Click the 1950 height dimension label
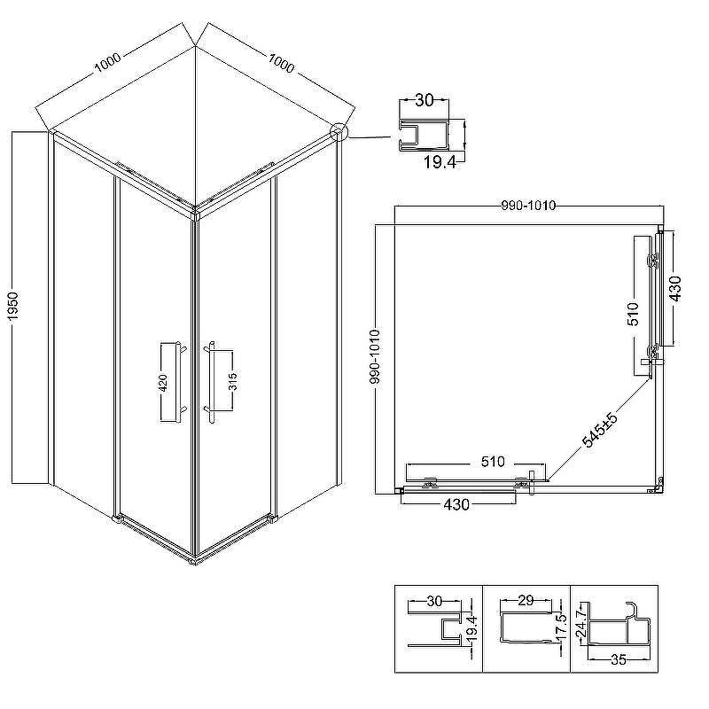point(13,307)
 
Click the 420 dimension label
point(163,383)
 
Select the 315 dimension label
point(233,381)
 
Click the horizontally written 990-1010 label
point(528,206)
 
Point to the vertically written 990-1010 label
point(375,357)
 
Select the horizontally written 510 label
point(493,462)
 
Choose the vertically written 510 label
point(633,314)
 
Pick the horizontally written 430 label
point(456,504)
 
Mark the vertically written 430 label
point(675,289)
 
